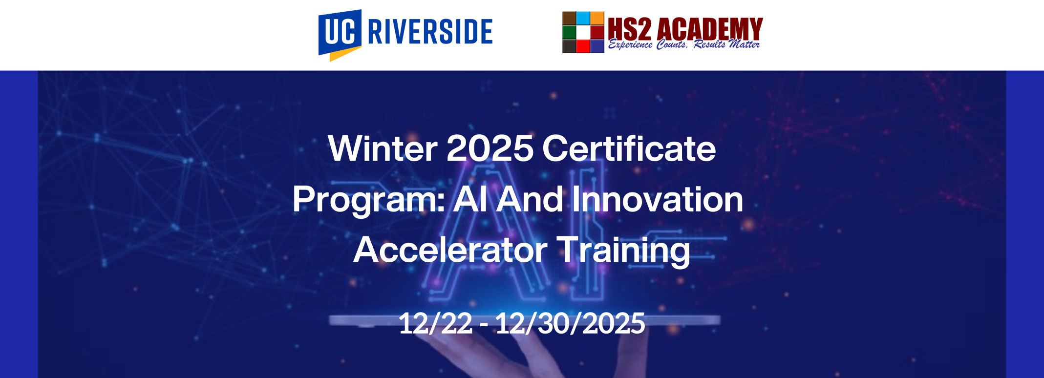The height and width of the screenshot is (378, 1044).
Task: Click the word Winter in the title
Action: pyautogui.click(x=383, y=148)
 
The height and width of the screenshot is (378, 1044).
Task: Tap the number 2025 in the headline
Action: pyautogui.click(x=490, y=148)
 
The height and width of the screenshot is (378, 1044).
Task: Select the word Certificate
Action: pyautogui.click(x=629, y=148)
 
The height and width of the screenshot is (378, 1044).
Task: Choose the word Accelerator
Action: pyautogui.click(x=450, y=250)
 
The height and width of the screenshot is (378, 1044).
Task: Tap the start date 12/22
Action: pyautogui.click(x=436, y=323)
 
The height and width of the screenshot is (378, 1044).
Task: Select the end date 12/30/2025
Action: pyautogui.click(x=570, y=323)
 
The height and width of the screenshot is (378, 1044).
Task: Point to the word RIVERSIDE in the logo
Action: pyautogui.click(x=430, y=32)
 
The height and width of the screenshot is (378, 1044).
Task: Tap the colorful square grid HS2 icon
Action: pyautogui.click(x=583, y=32)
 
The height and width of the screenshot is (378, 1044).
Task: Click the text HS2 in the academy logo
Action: pyautogui.click(x=630, y=29)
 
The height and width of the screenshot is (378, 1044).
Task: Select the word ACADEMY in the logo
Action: pyautogui.click(x=710, y=29)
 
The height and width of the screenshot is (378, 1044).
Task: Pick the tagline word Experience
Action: pyautogui.click(x=630, y=45)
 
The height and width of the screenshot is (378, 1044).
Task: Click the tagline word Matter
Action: pyautogui.click(x=744, y=44)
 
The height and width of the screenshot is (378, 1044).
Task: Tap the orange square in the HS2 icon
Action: pyautogui.click(x=597, y=18)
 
